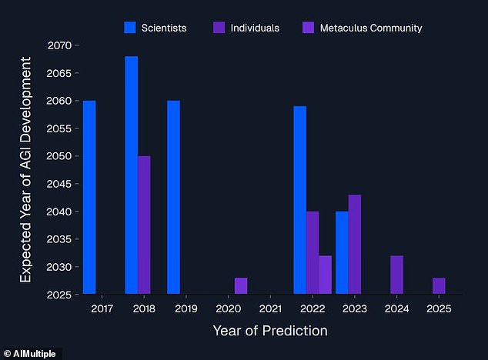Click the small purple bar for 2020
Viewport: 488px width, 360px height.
[x=241, y=285]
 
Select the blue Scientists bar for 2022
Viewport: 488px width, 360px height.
[x=299, y=200]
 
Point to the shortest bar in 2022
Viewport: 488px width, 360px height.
[x=325, y=275]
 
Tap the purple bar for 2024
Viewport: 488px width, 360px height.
[x=396, y=275]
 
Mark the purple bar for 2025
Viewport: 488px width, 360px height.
[x=439, y=285]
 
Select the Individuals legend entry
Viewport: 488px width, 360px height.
[x=246, y=28]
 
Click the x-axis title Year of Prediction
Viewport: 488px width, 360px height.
[x=269, y=331]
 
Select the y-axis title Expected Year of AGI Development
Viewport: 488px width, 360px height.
[x=25, y=171]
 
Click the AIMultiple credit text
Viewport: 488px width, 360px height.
[x=32, y=352]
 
